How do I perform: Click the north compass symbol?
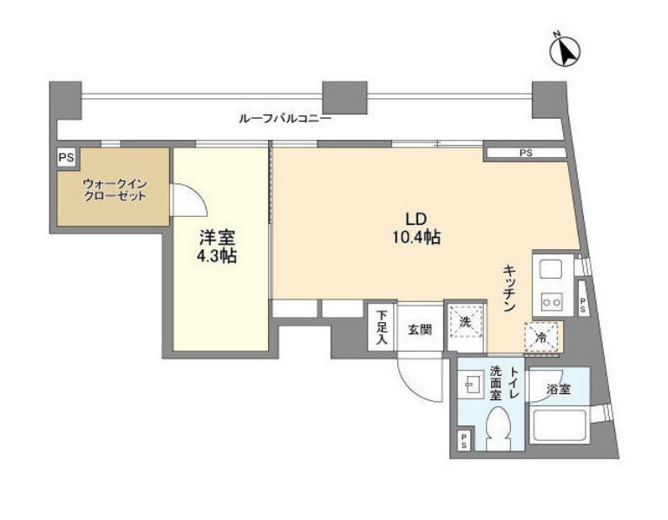coord(565,50)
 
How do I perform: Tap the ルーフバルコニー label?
coord(285,118)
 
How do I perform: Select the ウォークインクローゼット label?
coord(115,190)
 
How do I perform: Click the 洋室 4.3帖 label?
coord(217,247)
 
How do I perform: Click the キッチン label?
coord(509,288)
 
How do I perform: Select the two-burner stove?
coord(551,302)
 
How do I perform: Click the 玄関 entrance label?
coord(420,330)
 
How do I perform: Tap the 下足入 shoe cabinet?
coord(382,327)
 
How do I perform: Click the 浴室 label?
coord(559,389)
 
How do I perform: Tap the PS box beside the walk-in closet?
coord(66,158)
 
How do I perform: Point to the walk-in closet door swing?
coord(188,200)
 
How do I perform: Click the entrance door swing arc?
coord(416,381)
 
